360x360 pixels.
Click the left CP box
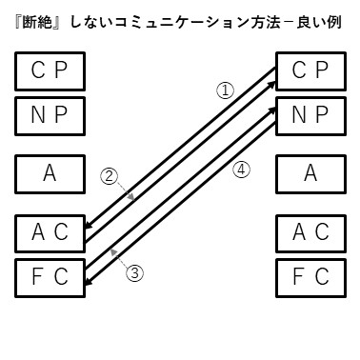pos(50,70)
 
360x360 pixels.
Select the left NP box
pos(50,116)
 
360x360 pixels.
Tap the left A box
pos(50,173)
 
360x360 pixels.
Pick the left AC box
pos(50,232)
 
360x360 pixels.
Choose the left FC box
pos(50,277)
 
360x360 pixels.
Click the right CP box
pos(310,70)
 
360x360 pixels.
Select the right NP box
pos(310,116)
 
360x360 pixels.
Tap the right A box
pos(310,173)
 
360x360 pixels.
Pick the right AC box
pos(310,232)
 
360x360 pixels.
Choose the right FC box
pos(310,277)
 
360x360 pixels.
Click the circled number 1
pos(226,90)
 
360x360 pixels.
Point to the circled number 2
pos(110,176)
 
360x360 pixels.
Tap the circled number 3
pos(134,272)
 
